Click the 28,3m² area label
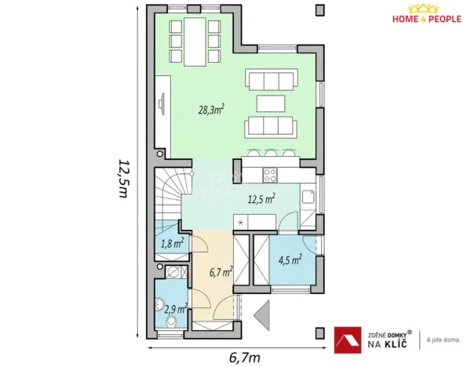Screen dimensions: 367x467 (210, 109)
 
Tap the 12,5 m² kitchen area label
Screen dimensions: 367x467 (260, 200)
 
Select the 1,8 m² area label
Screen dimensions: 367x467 (172, 243)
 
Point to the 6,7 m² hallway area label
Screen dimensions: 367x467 (221, 272)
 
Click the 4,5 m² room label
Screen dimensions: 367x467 (290, 260)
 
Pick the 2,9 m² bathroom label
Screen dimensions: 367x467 (174, 310)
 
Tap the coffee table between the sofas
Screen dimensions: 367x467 (271, 104)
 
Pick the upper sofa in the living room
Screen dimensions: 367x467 (271, 80)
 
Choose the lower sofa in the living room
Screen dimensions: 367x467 (271, 127)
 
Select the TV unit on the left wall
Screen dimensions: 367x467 (162, 104)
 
